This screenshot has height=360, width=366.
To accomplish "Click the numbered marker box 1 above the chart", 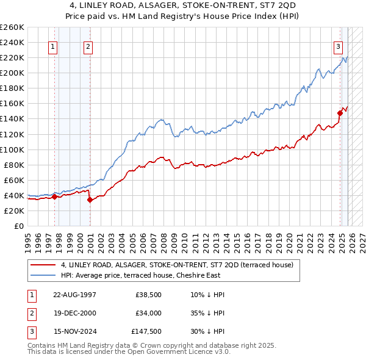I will coord(53,46).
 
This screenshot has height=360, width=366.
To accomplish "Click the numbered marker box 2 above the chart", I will coord(88,46).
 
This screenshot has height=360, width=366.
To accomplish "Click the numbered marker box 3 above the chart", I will coord(337,46).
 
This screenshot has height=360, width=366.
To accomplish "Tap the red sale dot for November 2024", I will coord(340,113).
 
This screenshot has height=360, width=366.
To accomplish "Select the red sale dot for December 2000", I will coord(90,200).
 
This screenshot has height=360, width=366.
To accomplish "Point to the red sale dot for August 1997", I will coord(54,196).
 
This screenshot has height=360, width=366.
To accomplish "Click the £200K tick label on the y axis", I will coord(12,73).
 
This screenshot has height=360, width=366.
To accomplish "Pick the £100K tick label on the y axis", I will coord(12,149).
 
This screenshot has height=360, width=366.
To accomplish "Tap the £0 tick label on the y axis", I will coord(18,226).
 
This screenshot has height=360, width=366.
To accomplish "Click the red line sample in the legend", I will coord(43,265).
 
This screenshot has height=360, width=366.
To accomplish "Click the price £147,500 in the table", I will coord(146,332).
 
